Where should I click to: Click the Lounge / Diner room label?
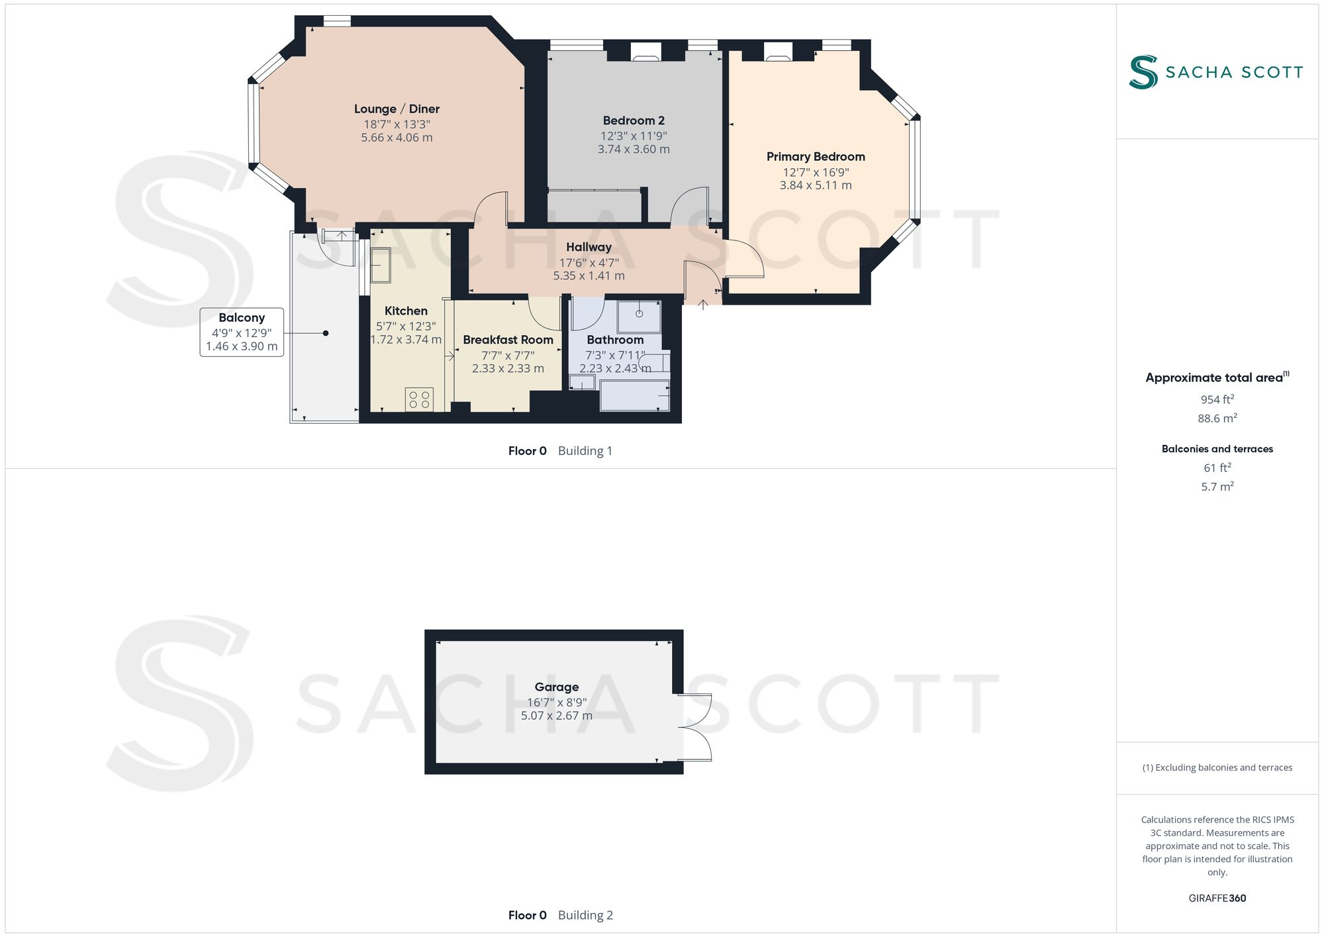pos(397,109)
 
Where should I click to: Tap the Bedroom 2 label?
pos(634,121)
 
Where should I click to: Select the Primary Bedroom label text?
pos(816,157)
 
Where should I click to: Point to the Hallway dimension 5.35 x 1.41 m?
pos(589,276)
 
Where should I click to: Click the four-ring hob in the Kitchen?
pos(419,399)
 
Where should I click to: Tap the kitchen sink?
pos(380,265)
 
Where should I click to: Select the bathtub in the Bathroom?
pos(634,395)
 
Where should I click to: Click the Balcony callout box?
pos(242,332)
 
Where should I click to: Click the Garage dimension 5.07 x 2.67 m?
pos(556,716)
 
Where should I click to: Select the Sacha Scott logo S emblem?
pos(1143,72)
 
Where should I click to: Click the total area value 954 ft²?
pos(1217,399)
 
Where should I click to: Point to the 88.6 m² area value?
pos(1217,419)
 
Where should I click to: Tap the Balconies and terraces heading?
pos(1217,449)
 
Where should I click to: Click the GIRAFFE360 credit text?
pos(1217,899)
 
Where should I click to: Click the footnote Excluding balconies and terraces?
pos(1217,768)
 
